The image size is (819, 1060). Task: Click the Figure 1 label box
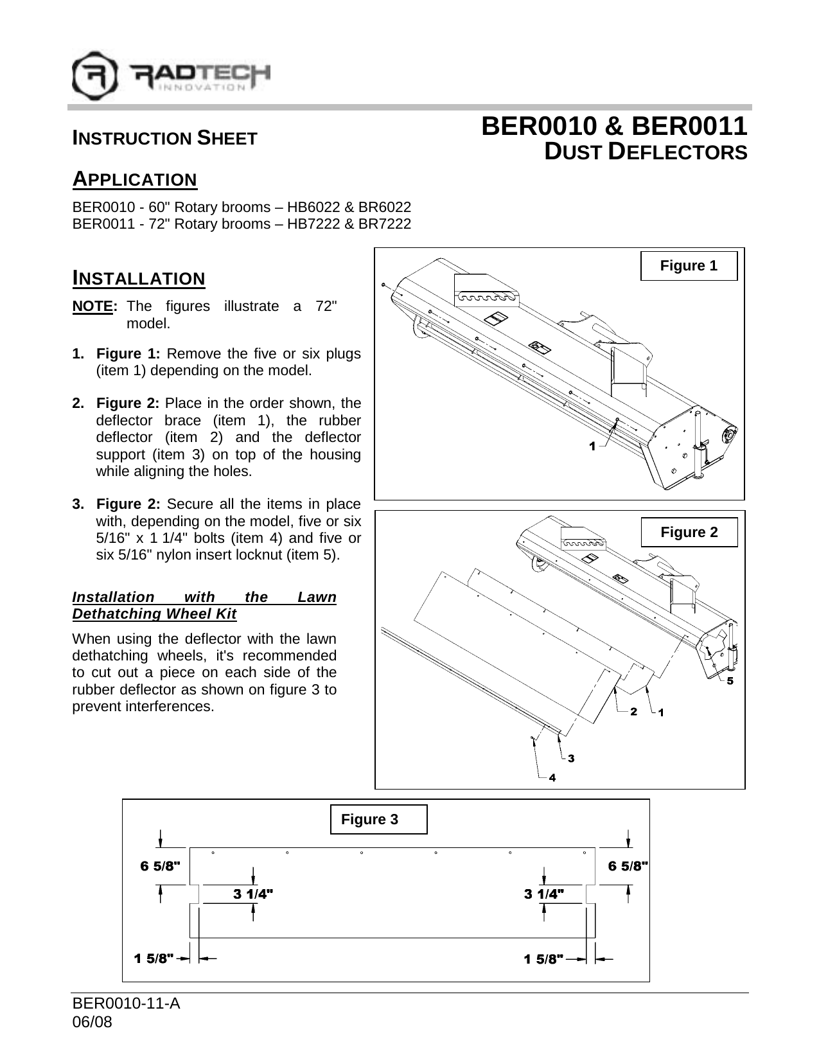click(689, 266)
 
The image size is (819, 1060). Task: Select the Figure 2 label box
click(689, 533)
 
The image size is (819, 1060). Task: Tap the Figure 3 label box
click(378, 819)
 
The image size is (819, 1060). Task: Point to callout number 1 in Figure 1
click(592, 446)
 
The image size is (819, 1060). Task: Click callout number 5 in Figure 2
click(730, 682)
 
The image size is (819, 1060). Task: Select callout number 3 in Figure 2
click(570, 758)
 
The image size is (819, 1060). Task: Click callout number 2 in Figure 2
click(633, 711)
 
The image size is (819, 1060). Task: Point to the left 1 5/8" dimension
click(154, 959)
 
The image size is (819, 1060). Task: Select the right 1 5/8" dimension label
click(544, 959)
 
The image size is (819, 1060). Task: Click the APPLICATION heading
click(135, 179)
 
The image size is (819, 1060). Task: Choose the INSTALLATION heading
click(139, 279)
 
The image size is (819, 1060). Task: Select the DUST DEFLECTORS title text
click(646, 153)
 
